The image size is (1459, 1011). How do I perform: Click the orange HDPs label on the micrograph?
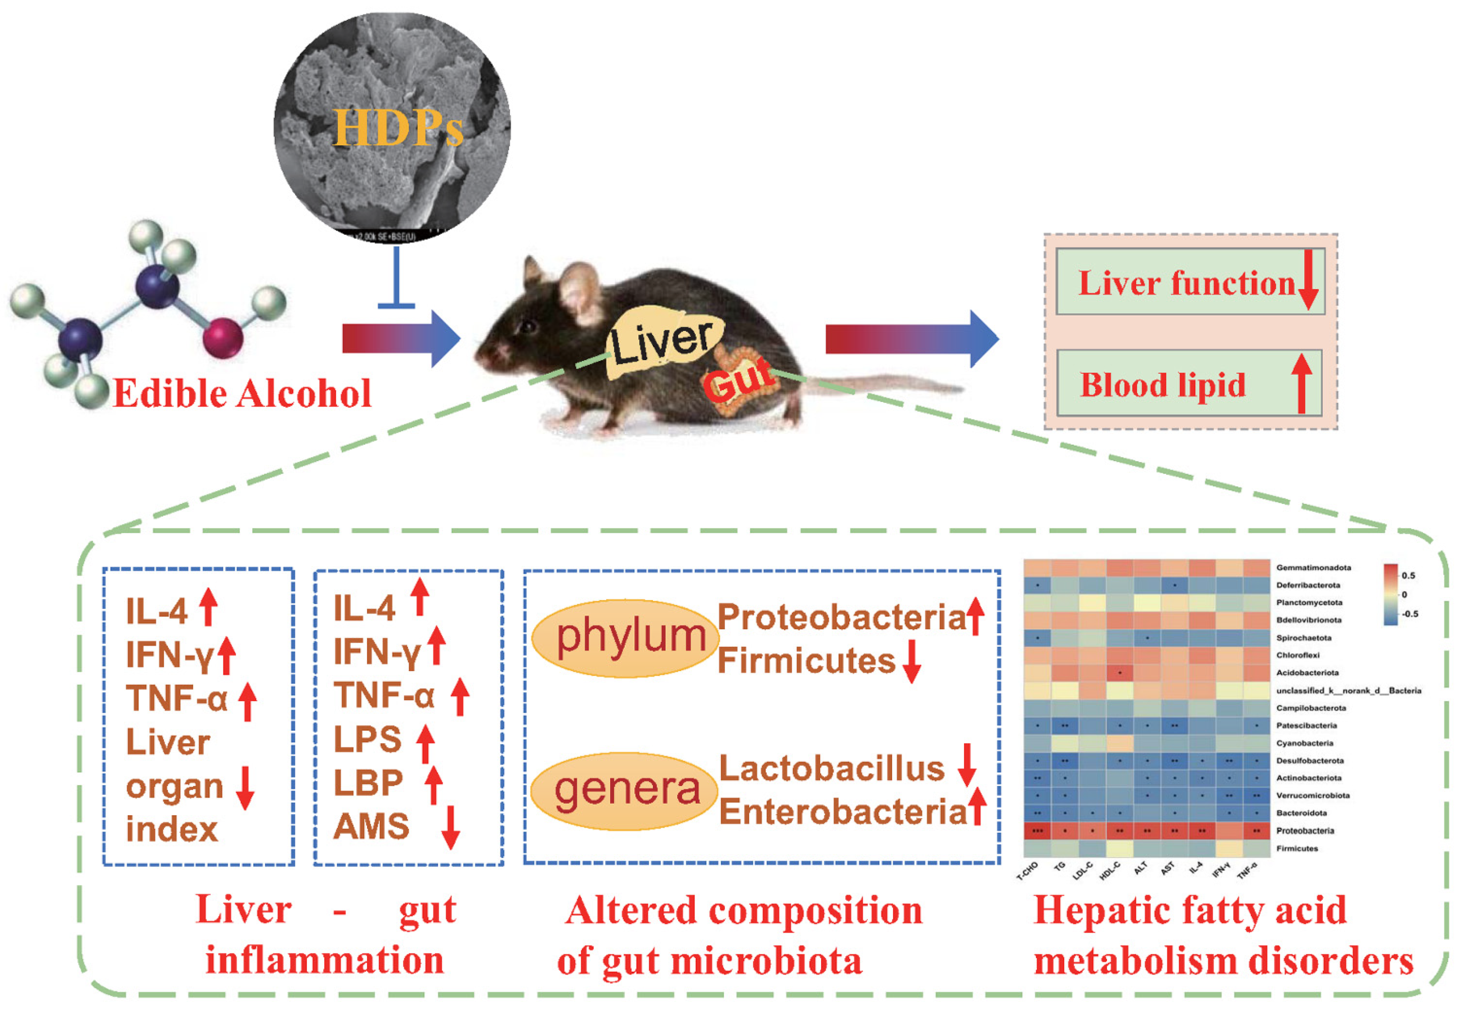398,128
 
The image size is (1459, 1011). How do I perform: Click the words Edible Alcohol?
242,393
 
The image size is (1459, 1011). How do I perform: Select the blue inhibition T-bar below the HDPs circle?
396,279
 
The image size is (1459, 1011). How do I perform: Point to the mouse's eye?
527,327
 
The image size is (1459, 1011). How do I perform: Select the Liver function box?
1189,282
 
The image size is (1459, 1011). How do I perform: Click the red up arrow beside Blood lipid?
1301,384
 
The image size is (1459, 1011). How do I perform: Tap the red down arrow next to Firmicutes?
911,662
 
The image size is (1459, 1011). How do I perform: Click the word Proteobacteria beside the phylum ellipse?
841,617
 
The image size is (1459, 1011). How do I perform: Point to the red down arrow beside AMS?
451,827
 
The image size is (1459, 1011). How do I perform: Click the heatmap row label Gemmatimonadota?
1313,567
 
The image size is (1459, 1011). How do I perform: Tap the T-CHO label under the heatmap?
1027,872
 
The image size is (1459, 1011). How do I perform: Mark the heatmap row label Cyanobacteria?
1305,743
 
